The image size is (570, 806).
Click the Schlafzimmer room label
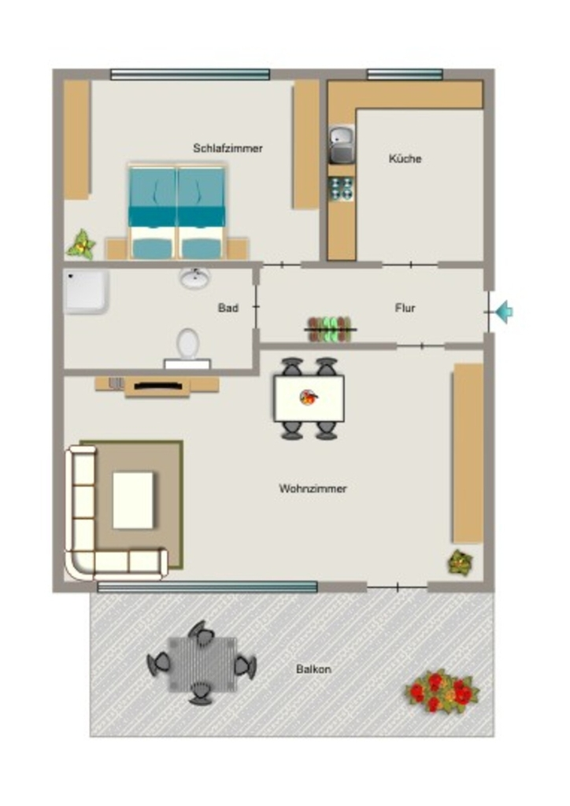tap(228, 148)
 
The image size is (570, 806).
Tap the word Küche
tap(405, 158)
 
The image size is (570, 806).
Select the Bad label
tap(228, 308)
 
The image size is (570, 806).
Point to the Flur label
tap(405, 308)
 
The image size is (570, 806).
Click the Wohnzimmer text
tap(313, 488)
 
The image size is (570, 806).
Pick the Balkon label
tap(313, 669)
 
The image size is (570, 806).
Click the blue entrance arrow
tap(504, 312)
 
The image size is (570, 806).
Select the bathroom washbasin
tap(194, 278)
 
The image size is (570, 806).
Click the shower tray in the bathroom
tap(86, 291)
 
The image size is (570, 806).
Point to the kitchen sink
tap(342, 144)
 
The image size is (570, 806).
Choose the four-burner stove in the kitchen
tap(341, 188)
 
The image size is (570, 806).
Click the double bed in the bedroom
tap(177, 212)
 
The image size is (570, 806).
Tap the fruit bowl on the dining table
tap(309, 397)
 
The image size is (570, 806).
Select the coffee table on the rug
tap(133, 500)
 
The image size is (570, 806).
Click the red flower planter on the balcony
tap(442, 691)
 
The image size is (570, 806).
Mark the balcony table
tap(202, 664)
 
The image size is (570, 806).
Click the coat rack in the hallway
tap(330, 330)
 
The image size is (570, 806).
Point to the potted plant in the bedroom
tap(81, 245)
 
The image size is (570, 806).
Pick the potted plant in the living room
tap(461, 562)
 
